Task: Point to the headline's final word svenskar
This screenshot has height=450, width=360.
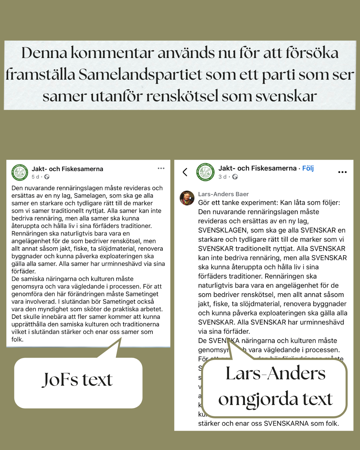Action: (x=286, y=96)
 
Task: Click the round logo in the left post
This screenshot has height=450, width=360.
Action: (x=20, y=172)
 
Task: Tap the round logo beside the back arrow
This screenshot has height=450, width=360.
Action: (x=205, y=172)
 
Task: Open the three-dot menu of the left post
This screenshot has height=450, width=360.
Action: (x=161, y=168)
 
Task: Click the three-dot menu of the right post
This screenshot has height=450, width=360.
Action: (x=342, y=172)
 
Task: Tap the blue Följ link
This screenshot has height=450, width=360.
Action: (x=308, y=168)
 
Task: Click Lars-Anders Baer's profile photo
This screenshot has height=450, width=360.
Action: (x=187, y=198)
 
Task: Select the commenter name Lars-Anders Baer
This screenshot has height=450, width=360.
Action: (x=223, y=194)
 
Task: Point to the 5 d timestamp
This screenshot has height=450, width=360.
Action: (x=35, y=177)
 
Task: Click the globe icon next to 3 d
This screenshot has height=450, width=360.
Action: (x=235, y=177)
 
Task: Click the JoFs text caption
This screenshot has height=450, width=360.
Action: (x=77, y=380)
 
